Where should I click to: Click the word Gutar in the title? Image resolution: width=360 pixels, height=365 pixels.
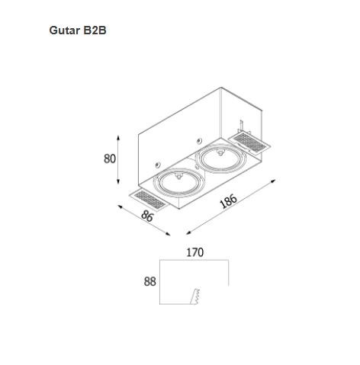64,30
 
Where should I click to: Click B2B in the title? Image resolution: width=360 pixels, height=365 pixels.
95,30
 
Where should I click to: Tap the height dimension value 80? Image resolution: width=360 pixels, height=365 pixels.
110,158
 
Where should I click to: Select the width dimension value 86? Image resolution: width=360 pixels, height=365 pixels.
147,216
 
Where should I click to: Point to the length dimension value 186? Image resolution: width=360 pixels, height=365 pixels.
229,201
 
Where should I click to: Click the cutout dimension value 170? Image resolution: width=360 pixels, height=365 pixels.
195,252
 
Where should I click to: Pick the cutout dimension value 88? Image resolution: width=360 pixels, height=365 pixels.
149,281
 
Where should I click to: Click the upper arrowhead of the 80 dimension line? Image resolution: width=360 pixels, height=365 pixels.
118,138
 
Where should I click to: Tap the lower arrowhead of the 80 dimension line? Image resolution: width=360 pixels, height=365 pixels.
118,181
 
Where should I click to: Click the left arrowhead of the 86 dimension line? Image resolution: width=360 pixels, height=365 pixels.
120,207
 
